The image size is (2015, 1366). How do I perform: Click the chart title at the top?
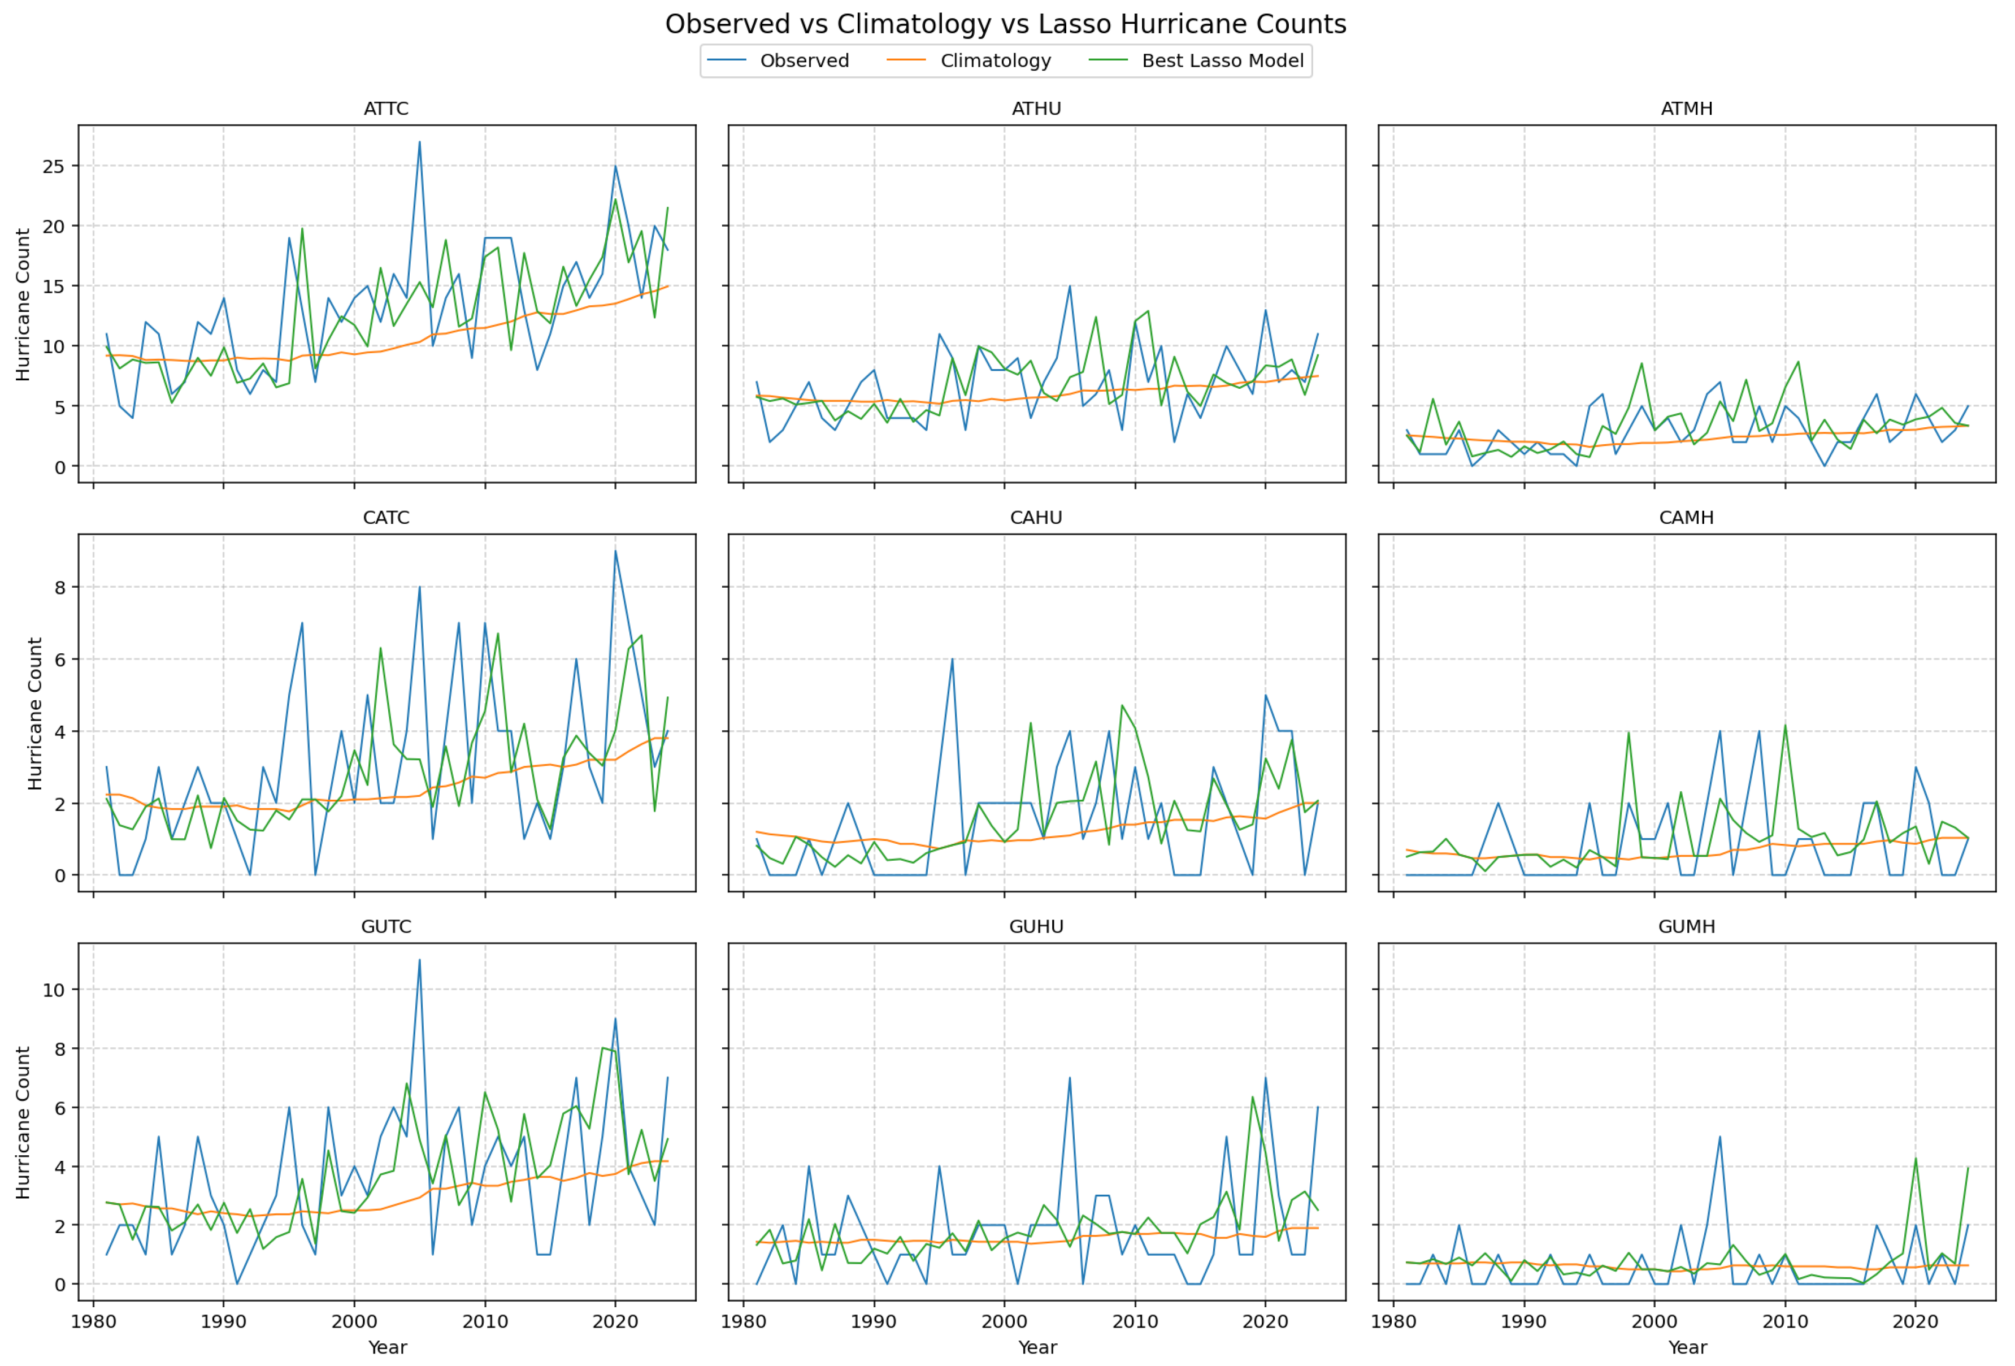(x=1006, y=24)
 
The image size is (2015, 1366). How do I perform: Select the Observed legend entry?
(x=804, y=60)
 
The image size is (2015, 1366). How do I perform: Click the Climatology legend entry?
(x=995, y=60)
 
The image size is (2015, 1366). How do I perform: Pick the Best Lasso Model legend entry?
(x=1222, y=60)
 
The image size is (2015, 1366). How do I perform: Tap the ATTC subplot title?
(x=386, y=109)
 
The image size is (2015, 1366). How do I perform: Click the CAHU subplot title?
(x=1036, y=518)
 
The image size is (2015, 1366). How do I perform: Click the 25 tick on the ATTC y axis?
(x=54, y=167)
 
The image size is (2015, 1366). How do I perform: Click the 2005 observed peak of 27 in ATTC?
(x=420, y=142)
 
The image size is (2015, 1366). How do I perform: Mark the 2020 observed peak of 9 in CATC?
(x=615, y=550)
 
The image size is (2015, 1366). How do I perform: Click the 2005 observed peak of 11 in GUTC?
(x=420, y=960)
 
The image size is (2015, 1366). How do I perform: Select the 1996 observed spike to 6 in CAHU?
(x=952, y=658)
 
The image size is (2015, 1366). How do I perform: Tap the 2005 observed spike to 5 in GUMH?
(x=1719, y=1137)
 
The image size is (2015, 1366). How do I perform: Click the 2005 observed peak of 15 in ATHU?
(x=1070, y=286)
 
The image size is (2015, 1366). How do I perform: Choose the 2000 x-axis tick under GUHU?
(x=1004, y=1322)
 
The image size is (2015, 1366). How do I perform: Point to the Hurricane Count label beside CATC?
(x=34, y=713)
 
